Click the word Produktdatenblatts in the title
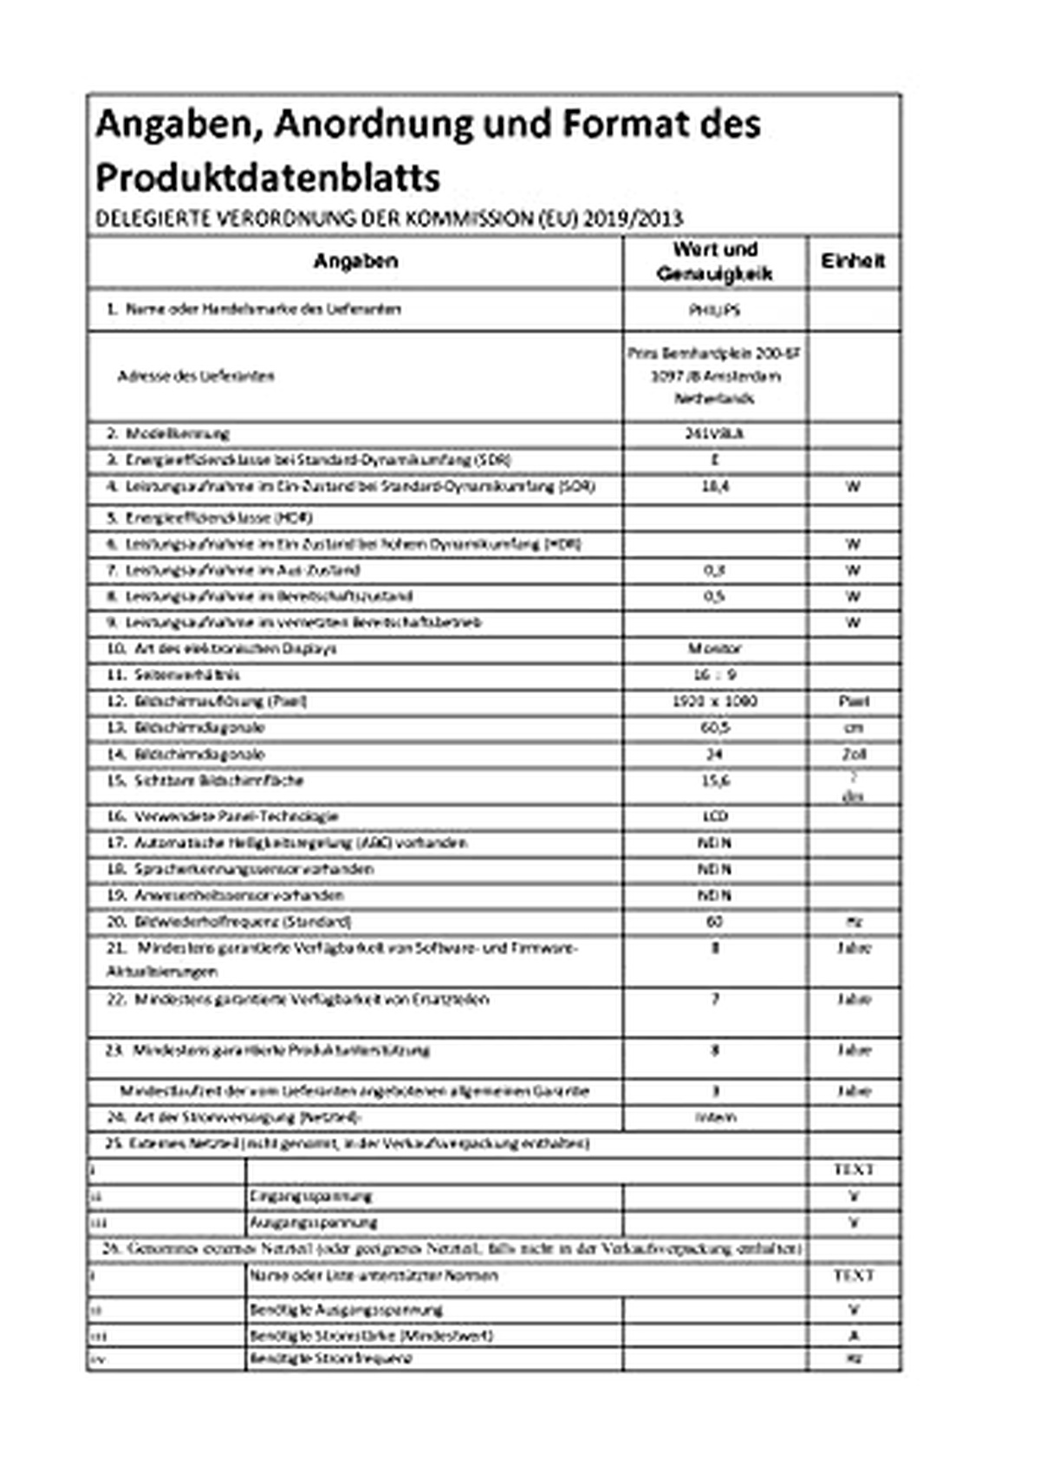pos(268,178)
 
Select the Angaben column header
pos(355,262)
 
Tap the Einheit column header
pos(854,262)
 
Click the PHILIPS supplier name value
pos(714,310)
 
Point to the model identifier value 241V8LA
pos(714,434)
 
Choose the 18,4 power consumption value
pos(714,487)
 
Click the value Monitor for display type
pos(714,649)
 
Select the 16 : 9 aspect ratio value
pos(714,675)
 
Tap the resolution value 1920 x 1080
pos(714,701)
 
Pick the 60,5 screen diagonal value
pos(714,728)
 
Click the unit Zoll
pos(854,755)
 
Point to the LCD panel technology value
pos(714,817)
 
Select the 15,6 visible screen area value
pos(714,781)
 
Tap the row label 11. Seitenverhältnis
pos(185,675)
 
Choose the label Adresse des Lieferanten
pos(196,377)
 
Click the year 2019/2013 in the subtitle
pos(633,219)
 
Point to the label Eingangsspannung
pos(310,1196)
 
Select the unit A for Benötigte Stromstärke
pos(854,1336)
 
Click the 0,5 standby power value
pos(714,597)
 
